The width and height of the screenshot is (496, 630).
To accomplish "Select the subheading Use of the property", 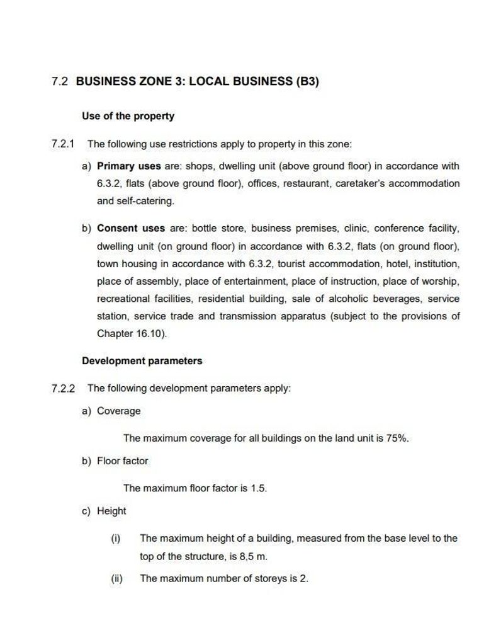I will pos(128,116).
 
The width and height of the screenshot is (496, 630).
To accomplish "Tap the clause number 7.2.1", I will pos(63,144).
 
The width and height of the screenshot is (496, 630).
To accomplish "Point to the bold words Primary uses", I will pos(128,166).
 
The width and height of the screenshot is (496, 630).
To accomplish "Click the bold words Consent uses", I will pos(131,228).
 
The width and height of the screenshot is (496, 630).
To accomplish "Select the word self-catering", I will pos(144,201).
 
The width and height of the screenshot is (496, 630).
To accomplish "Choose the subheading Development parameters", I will pos(142,361).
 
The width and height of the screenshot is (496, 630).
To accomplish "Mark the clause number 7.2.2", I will pos(63,388).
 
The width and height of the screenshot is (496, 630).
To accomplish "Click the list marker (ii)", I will pos(116,578).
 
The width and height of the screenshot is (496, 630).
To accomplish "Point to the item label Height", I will pos(111,511).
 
